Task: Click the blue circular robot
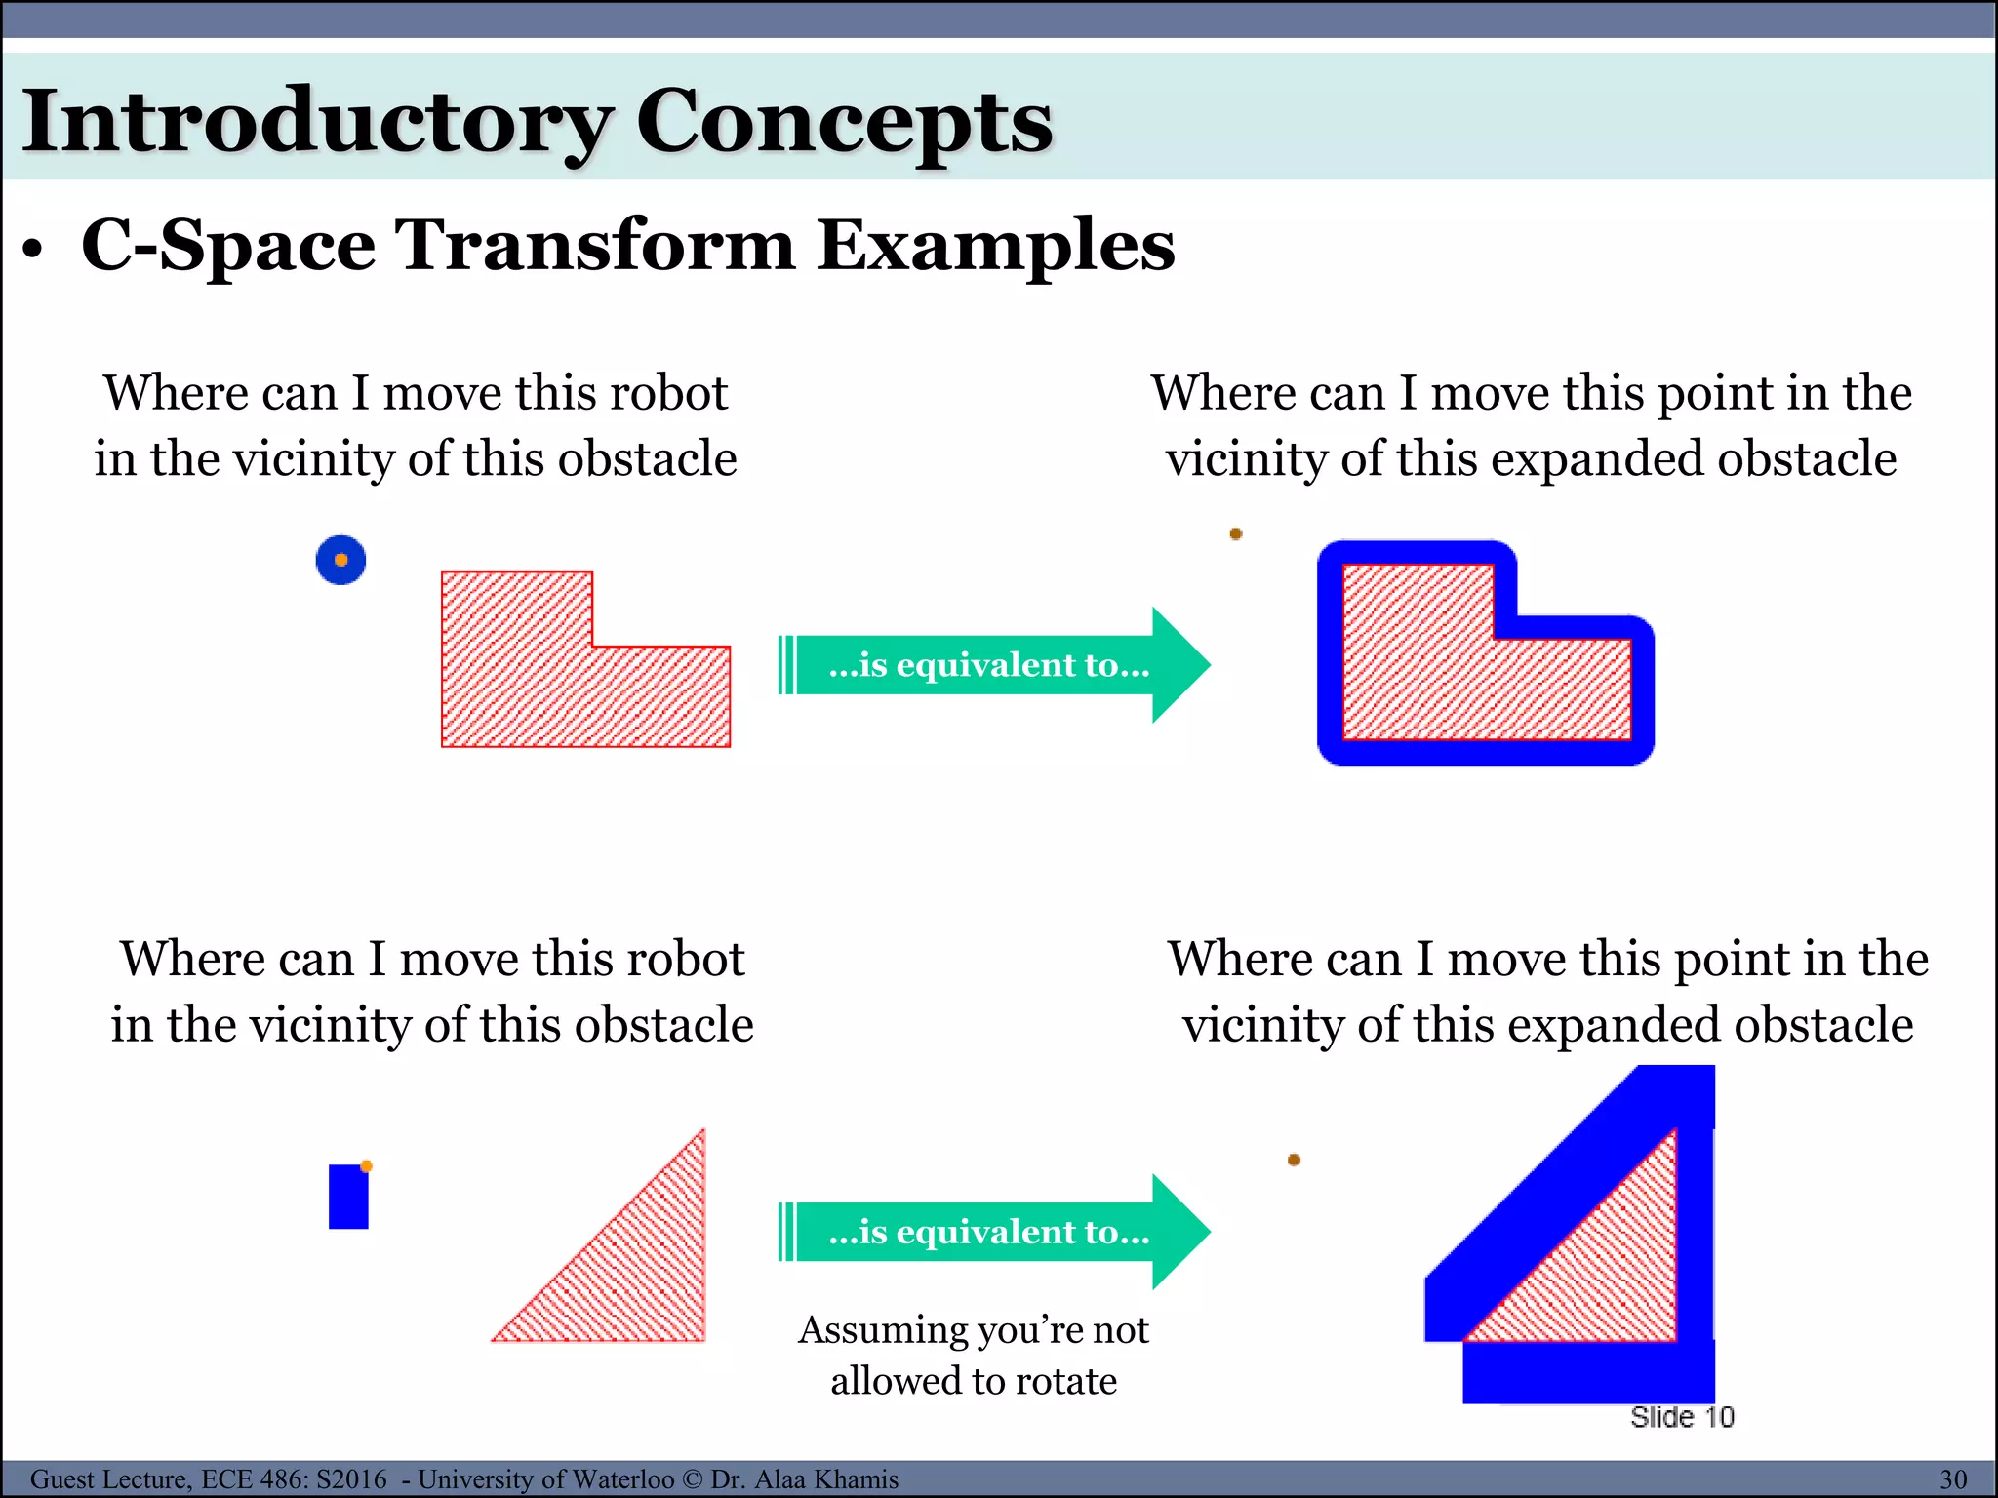click(340, 561)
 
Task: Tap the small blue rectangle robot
click(348, 1198)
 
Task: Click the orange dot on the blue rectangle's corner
click(367, 1166)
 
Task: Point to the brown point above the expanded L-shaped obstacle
click(1236, 533)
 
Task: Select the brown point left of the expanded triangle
click(1294, 1160)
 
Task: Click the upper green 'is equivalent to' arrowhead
click(1180, 665)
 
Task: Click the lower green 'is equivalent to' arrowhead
click(1180, 1232)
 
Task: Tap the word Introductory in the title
click(317, 122)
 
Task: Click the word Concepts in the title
click(844, 122)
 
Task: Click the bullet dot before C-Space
click(34, 250)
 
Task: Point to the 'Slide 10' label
click(1682, 1417)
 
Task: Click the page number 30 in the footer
click(1953, 1479)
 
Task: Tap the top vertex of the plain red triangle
click(702, 1131)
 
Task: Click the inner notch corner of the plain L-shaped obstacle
click(593, 646)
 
